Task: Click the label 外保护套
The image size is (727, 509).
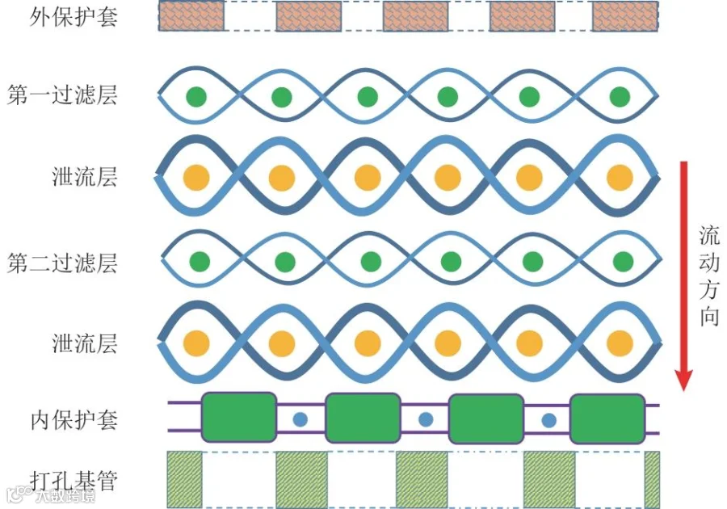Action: [74, 17]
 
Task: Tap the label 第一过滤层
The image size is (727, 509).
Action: [62, 95]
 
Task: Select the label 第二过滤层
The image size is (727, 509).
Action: [62, 263]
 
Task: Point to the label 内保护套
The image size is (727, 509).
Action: [74, 420]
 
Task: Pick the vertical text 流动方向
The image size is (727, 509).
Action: [709, 276]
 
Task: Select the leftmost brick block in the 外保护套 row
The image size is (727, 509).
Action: [191, 16]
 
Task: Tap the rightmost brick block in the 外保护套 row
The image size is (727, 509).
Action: [625, 16]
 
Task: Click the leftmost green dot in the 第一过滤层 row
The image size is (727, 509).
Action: [196, 97]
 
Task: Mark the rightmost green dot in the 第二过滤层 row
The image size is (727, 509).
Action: [623, 262]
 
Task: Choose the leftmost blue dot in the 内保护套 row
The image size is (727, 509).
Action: [300, 419]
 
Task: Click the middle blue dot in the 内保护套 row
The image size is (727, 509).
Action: [426, 419]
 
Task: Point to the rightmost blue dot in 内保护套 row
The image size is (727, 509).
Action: [549, 420]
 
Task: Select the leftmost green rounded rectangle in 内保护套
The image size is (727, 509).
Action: [239, 417]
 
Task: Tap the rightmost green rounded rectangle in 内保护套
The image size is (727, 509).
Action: [607, 419]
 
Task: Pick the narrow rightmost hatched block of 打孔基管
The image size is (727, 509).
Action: [652, 480]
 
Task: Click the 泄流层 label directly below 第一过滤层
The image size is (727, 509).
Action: [84, 177]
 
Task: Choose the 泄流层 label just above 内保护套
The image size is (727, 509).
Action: [84, 343]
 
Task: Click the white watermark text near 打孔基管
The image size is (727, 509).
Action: [65, 496]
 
